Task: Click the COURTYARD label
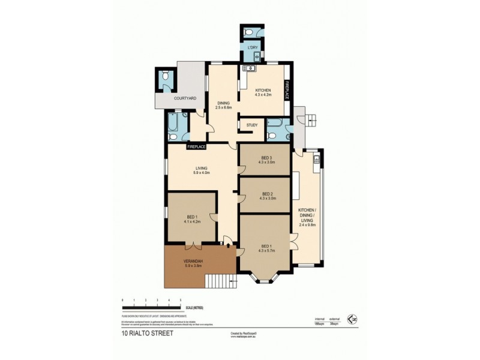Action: coord(185,98)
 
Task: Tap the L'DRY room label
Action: coord(250,47)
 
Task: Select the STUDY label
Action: coord(252,125)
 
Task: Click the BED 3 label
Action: coord(266,157)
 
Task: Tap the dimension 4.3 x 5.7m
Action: coord(265,250)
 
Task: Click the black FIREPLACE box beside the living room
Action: coord(196,146)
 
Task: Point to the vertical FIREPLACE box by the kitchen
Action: coord(287,91)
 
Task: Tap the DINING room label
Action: coord(223,103)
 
